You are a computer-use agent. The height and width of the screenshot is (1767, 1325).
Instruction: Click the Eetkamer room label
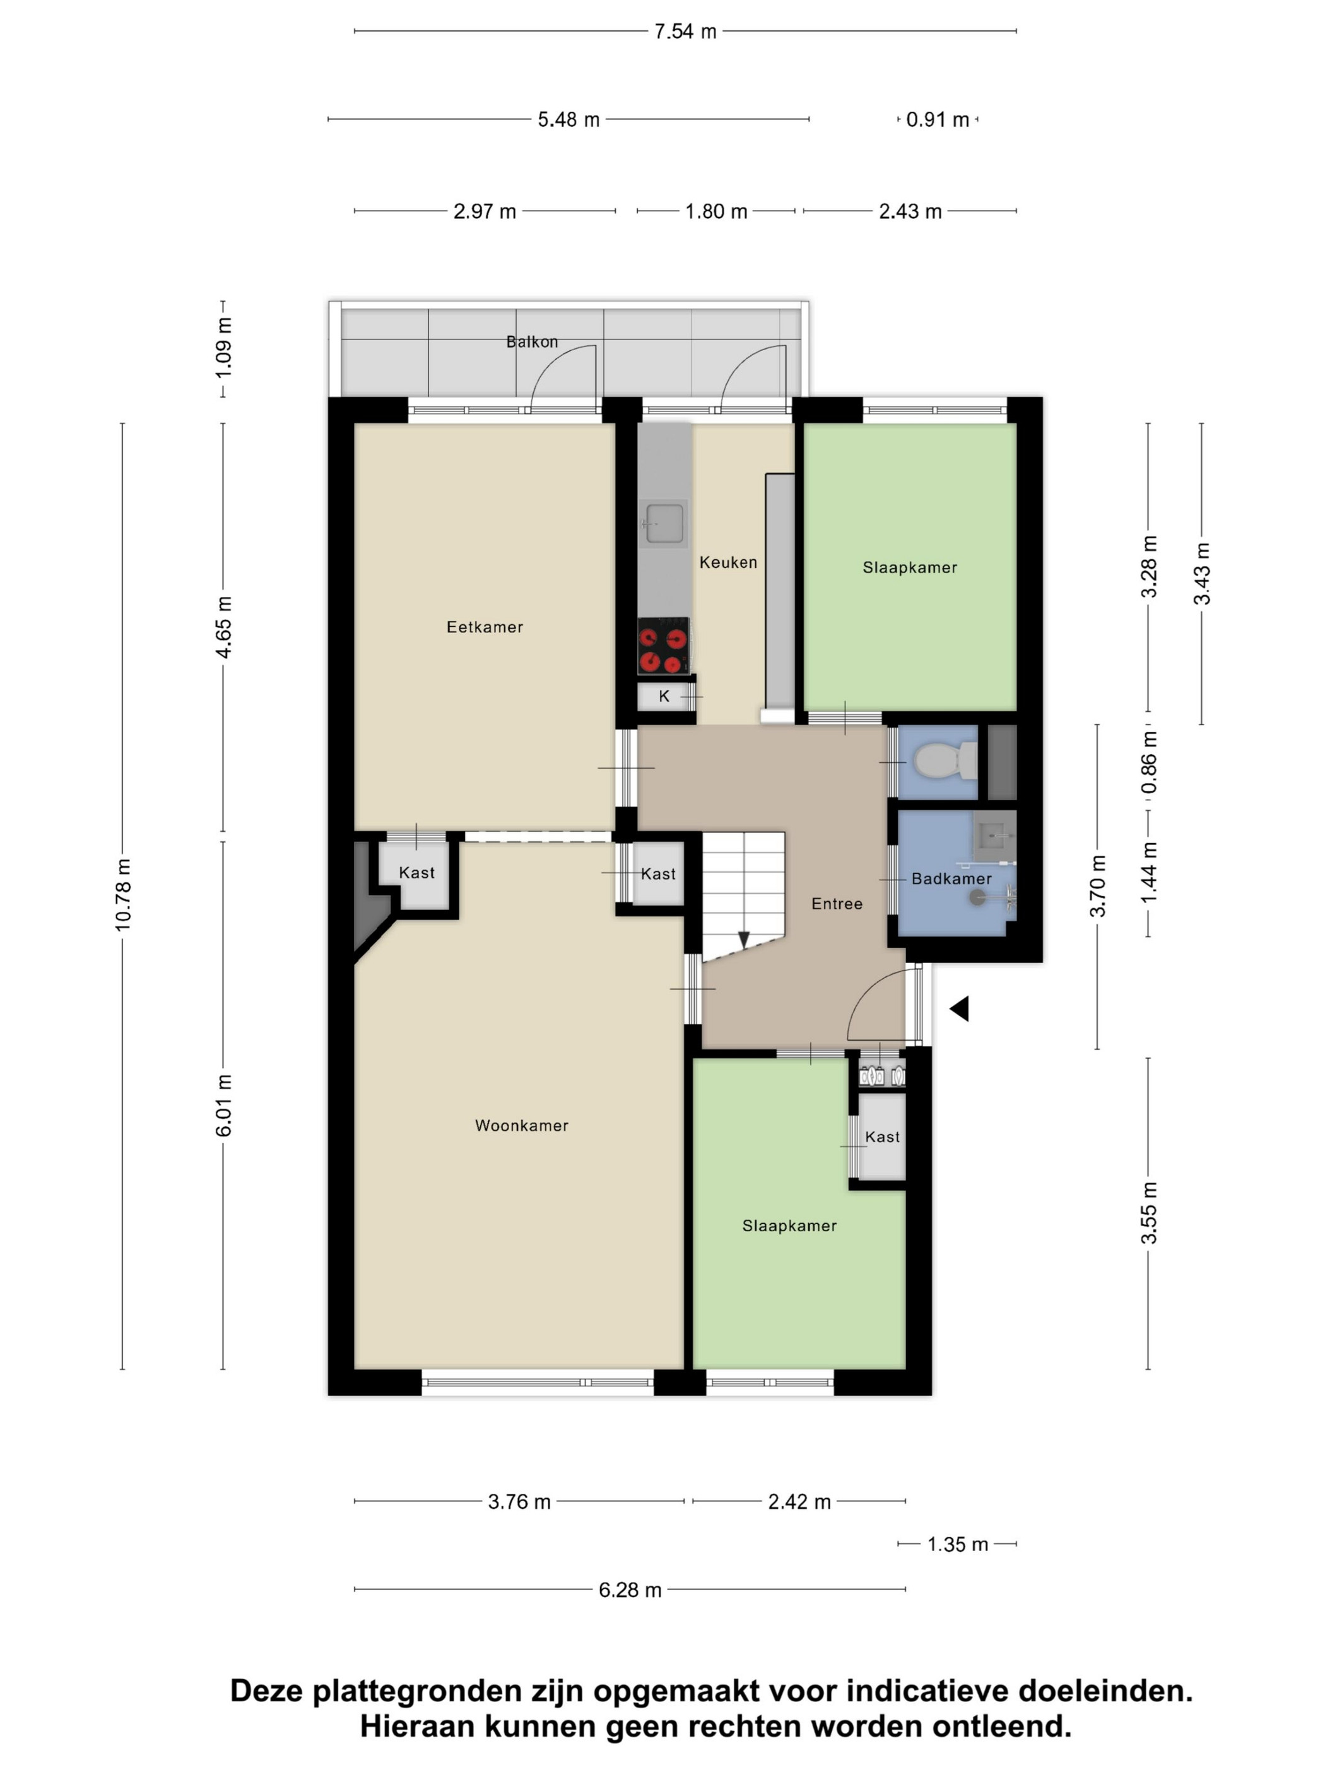coord(484,627)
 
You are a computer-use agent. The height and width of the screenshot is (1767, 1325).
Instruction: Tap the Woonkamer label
coord(522,1126)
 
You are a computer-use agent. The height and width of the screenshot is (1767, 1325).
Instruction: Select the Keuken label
coord(727,562)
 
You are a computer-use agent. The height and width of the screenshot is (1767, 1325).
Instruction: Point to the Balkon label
coord(532,342)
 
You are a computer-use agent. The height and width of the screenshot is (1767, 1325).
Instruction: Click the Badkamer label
coord(951,878)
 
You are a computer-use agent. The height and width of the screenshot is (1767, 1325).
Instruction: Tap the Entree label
coord(836,904)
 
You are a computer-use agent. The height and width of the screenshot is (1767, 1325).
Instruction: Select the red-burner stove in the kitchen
coord(663,646)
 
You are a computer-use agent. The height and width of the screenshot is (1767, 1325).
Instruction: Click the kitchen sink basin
coord(664,523)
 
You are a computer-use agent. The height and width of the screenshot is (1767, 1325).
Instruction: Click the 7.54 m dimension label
coord(685,32)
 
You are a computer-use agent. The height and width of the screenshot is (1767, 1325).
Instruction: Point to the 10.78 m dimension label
coord(123,895)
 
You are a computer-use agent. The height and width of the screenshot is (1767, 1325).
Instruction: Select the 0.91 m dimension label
coord(938,120)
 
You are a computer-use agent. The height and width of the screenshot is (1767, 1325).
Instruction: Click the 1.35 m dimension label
coord(958,1544)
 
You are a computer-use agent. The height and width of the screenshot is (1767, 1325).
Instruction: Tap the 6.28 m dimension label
coord(630,1590)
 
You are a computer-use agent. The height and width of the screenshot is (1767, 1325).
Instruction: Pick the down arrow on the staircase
coord(743,940)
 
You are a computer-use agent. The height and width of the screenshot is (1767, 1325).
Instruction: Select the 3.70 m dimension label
coord(1098,886)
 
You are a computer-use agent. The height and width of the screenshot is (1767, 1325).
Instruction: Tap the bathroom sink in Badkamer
coord(994,836)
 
